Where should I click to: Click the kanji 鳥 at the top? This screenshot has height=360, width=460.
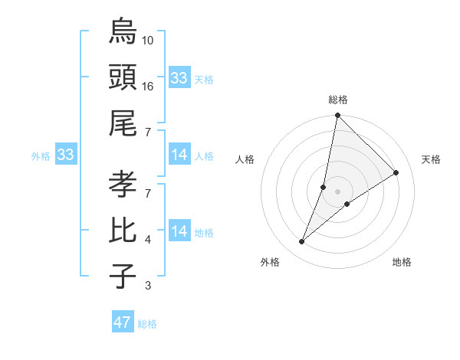click(x=123, y=31)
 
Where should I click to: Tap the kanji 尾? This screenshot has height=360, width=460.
click(x=123, y=122)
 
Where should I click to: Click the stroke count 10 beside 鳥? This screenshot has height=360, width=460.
click(x=149, y=40)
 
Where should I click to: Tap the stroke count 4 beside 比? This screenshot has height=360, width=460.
click(x=149, y=240)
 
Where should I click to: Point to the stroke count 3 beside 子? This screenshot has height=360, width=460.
click(x=149, y=286)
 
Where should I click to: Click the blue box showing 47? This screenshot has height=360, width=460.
click(x=123, y=322)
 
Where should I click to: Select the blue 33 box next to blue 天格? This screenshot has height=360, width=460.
click(x=179, y=78)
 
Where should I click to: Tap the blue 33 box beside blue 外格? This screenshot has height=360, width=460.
click(x=66, y=155)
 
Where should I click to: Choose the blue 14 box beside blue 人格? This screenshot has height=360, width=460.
click(x=179, y=155)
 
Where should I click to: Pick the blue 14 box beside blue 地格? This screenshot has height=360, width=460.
click(x=179, y=231)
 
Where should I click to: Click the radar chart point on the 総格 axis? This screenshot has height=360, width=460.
click(x=337, y=116)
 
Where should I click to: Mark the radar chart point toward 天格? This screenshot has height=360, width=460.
click(x=396, y=172)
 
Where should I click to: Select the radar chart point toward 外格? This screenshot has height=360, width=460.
click(x=302, y=242)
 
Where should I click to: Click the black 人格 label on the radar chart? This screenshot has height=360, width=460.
click(x=246, y=159)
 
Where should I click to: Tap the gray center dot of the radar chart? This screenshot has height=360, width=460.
click(x=337, y=191)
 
